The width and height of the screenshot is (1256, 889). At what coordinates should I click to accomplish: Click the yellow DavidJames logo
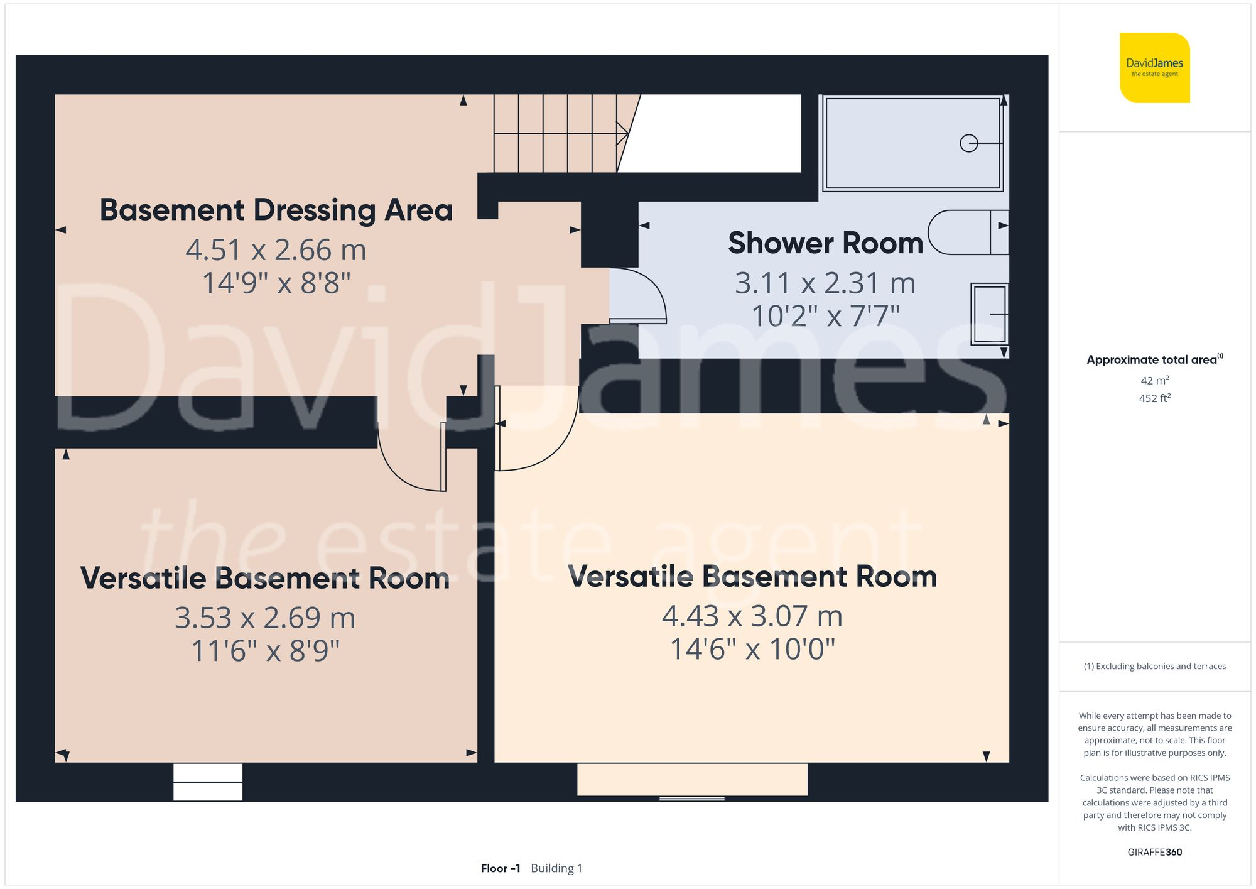[x=1154, y=68]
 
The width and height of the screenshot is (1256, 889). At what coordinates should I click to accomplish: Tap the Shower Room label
[x=825, y=243]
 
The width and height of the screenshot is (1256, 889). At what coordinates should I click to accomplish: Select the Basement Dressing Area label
[x=276, y=210]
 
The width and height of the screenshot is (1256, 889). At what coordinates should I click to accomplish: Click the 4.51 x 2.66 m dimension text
[x=276, y=250]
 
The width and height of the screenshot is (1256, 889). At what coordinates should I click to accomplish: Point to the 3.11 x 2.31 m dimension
[x=825, y=283]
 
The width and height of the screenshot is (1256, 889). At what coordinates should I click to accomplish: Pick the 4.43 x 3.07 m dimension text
[x=752, y=616]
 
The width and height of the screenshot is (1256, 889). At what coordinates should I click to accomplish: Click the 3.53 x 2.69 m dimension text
[x=265, y=618]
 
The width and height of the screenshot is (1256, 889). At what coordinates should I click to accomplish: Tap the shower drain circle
[x=969, y=143]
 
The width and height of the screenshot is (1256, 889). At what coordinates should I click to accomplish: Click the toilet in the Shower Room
[x=968, y=232]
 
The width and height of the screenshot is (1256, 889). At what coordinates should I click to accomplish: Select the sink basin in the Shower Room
[x=989, y=314]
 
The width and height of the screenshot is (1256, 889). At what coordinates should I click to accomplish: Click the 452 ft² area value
[x=1154, y=398]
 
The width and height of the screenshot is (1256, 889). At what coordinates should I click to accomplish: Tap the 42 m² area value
[x=1154, y=381]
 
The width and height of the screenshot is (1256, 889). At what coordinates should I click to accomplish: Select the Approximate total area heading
[x=1154, y=359]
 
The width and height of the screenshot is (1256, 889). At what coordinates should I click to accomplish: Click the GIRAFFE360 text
[x=1154, y=853]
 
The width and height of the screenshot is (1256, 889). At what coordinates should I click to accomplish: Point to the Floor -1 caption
[x=501, y=868]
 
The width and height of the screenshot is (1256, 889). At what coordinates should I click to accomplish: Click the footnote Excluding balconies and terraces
[x=1154, y=667]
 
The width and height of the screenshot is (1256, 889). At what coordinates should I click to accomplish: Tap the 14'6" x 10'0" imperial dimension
[x=752, y=650]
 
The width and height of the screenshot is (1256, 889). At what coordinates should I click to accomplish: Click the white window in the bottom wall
[x=208, y=782]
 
